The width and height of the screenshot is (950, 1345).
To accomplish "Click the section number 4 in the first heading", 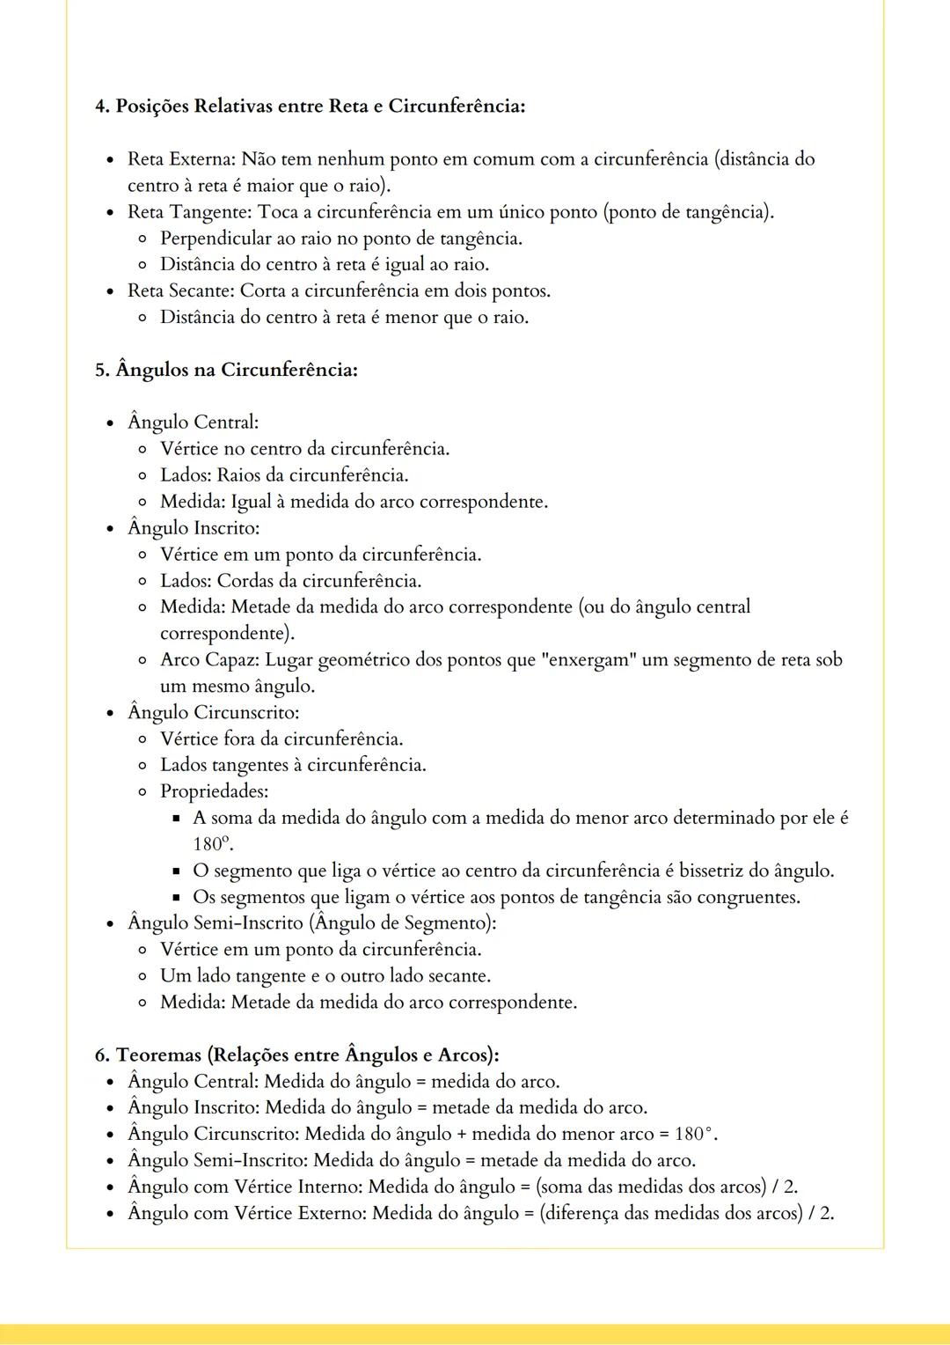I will pyautogui.click(x=99, y=107).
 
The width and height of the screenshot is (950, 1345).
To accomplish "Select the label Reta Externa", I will pyautogui.click(x=180, y=159).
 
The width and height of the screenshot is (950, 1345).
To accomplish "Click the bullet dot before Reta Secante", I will pyautogui.click(x=110, y=291).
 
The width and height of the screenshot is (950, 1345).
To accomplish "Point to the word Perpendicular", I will pyautogui.click(x=216, y=239).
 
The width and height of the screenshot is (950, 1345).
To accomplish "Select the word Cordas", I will pyautogui.click(x=245, y=581).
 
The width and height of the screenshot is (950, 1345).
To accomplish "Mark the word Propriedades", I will pyautogui.click(x=214, y=791).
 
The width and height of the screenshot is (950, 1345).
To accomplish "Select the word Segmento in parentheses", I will pyautogui.click(x=447, y=922).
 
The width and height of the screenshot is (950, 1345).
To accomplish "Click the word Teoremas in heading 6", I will pyautogui.click(x=158, y=1055).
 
